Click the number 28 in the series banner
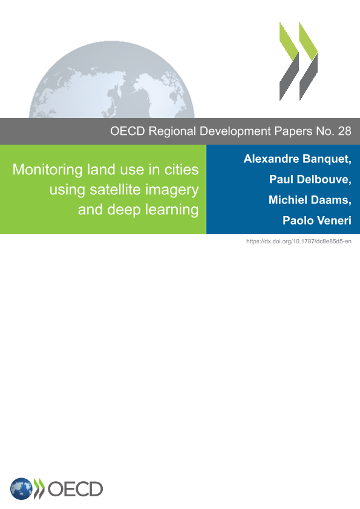[344, 131]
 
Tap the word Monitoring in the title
[48, 170]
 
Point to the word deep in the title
[124, 210]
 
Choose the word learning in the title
[172, 210]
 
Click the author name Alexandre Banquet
[297, 159]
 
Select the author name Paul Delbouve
[310, 179]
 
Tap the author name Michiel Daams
[310, 200]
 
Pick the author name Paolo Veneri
[317, 220]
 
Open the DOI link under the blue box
[299, 241]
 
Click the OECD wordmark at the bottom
[75, 489]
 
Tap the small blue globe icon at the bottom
[21, 489]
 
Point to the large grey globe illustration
[112, 79]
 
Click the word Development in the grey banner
[235, 131]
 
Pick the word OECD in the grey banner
[128, 131]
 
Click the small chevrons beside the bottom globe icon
[39, 488]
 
